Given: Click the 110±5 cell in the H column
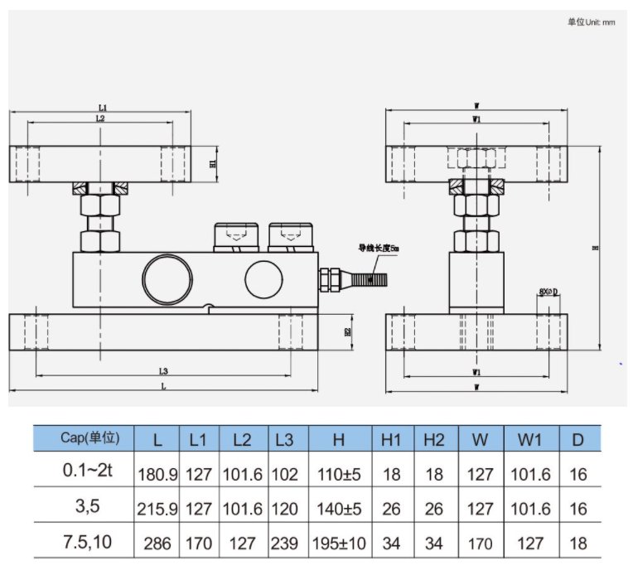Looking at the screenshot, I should [339, 475].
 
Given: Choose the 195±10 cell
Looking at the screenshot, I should [339, 544].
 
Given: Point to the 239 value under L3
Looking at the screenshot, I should [288, 544].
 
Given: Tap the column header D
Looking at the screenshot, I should [578, 439].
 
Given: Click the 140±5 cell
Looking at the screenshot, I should [339, 510].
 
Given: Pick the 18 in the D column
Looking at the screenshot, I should [578, 544].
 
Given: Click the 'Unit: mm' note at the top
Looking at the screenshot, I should [591, 22].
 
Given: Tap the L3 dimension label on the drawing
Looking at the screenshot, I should [163, 371].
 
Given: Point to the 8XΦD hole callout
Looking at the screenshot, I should [548, 292].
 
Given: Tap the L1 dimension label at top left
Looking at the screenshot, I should [103, 108].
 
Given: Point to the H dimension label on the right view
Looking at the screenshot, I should [596, 247].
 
